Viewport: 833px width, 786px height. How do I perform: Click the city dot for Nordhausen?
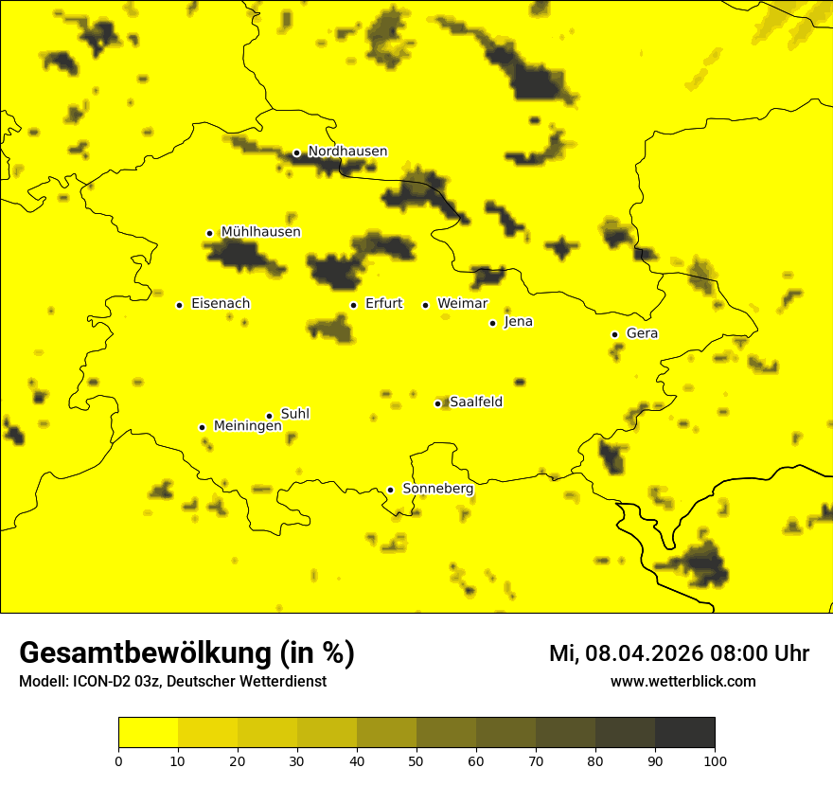296,152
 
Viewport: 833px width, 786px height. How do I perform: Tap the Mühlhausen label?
260,232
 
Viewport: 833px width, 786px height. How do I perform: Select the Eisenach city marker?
179,305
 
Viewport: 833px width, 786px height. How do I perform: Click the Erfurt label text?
383,304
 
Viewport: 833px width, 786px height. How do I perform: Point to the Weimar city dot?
425,305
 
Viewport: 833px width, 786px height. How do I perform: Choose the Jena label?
518,322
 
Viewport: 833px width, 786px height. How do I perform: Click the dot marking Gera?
614,334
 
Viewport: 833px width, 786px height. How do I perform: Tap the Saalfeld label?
475,402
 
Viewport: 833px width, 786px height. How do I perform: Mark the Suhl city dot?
269,416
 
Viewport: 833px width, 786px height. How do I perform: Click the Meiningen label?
247,426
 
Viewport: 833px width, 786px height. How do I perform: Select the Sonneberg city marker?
390,490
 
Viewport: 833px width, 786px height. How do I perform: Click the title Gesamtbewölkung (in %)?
186,653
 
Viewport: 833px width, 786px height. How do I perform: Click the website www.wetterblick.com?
682,682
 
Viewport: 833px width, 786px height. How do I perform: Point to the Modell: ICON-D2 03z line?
172,682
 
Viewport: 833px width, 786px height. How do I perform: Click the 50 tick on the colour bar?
416,760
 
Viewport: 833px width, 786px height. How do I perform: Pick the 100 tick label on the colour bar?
715,760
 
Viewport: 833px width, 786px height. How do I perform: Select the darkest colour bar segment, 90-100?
684,733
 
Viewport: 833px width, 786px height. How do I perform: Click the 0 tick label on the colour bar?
118,760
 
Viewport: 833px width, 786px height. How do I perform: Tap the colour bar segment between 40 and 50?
386,733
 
